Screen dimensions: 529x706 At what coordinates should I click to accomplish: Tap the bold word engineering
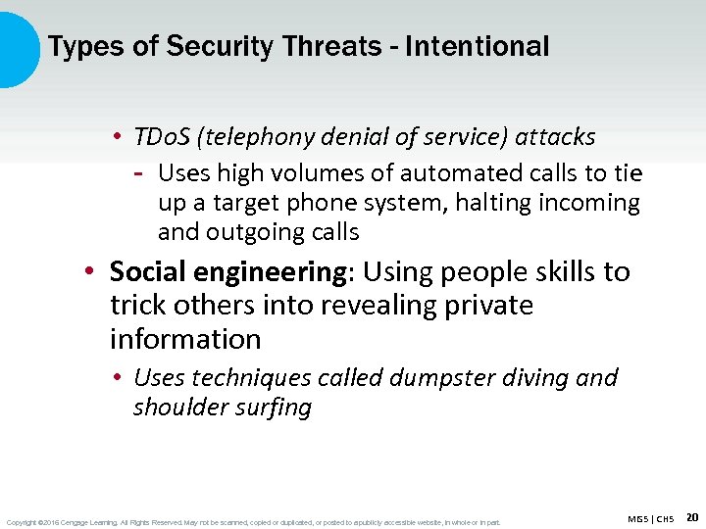(276, 271)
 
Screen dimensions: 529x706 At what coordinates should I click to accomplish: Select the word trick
(138, 306)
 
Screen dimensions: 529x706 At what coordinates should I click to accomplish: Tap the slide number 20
(691, 516)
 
